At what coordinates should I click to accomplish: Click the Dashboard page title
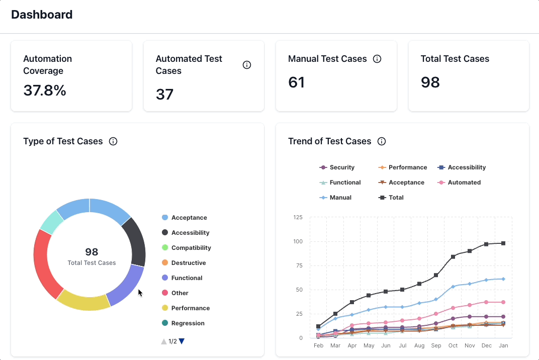(42, 15)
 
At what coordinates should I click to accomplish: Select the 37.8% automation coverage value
(45, 91)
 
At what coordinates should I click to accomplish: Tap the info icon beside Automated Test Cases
(247, 65)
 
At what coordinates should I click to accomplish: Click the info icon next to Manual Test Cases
(377, 59)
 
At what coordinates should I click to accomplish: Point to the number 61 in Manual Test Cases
(297, 82)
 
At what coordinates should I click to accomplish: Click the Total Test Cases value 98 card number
(430, 82)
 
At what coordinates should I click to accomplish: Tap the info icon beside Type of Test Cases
(113, 141)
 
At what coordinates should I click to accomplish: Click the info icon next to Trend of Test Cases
(382, 141)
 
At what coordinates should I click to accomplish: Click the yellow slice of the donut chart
(83, 302)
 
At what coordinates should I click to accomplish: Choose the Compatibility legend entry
(191, 248)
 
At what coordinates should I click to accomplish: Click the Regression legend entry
(188, 323)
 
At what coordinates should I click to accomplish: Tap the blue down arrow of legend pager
(182, 341)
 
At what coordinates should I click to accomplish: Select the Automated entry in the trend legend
(464, 183)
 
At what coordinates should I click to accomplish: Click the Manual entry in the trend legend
(340, 198)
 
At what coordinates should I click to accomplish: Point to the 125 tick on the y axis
(298, 218)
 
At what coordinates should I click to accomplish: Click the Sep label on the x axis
(436, 346)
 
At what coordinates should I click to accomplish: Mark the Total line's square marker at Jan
(503, 243)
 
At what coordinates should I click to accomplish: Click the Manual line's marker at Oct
(453, 287)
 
